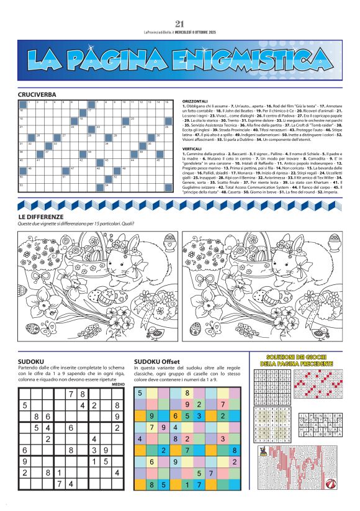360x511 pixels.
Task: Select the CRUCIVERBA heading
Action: tap(37, 95)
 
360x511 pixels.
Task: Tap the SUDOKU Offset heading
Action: tap(157, 361)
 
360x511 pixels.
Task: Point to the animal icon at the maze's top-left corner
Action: tap(263, 451)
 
